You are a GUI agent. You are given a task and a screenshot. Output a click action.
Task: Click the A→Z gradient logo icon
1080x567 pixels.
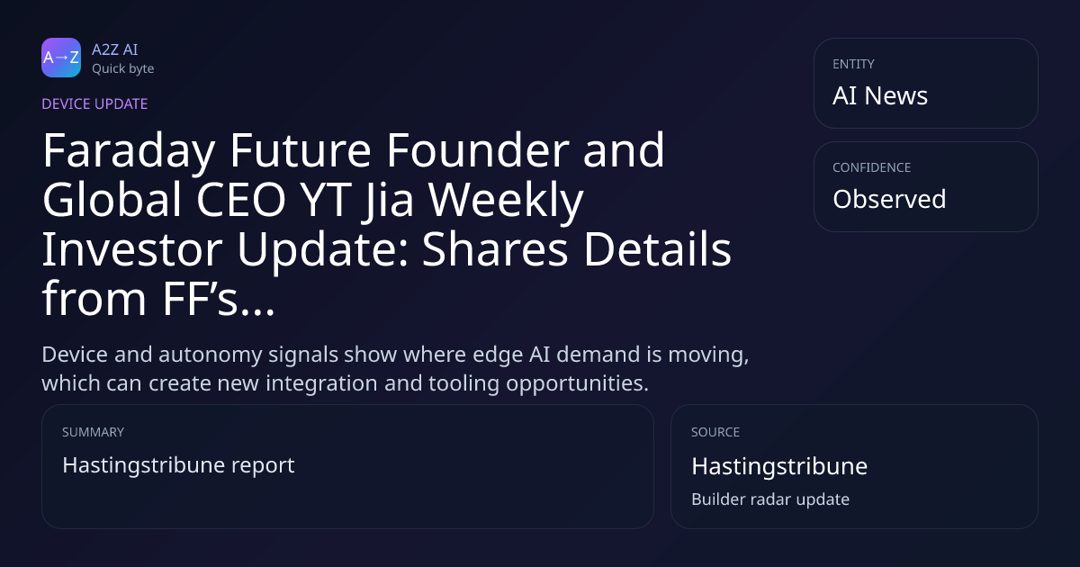[61, 58]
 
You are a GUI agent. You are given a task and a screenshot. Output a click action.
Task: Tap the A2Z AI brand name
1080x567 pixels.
[115, 49]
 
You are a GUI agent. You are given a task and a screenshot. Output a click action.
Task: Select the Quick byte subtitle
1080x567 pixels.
[123, 69]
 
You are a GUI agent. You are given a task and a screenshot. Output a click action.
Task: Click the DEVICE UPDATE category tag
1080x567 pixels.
[94, 103]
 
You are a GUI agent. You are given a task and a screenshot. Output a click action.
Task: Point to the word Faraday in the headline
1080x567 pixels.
[129, 152]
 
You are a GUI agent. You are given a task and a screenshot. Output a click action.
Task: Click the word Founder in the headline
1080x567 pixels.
[478, 150]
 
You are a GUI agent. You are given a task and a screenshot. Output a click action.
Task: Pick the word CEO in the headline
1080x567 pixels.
[241, 200]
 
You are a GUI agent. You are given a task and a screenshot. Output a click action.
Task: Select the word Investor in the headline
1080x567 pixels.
[132, 249]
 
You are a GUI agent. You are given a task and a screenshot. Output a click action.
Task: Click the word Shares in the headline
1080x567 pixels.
[495, 248]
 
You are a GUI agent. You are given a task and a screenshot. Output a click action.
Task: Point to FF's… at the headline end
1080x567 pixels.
[219, 299]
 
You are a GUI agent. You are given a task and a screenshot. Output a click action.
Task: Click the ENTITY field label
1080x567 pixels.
[853, 64]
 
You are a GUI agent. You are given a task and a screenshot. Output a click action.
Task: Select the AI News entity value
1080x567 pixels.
[880, 95]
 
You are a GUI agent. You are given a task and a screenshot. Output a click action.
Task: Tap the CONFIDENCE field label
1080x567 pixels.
[872, 167]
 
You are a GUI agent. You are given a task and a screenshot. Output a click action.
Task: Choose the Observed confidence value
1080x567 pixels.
[889, 199]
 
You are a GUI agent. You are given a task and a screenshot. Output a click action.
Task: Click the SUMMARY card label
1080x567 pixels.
[93, 432]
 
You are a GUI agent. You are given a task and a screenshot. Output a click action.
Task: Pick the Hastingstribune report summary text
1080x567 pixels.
[178, 465]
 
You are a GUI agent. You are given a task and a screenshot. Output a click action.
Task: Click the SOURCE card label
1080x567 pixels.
[715, 432]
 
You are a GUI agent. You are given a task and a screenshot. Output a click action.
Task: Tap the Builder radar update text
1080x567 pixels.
[770, 499]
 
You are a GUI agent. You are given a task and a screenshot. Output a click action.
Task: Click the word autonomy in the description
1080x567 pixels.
[211, 355]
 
